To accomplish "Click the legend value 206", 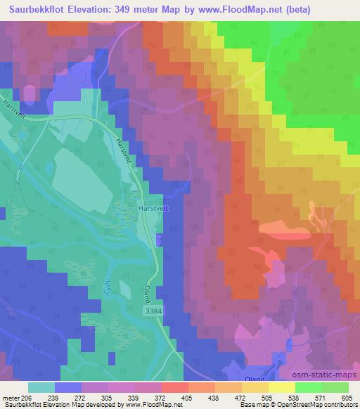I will point(25,398).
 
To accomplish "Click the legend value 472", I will point(240,398).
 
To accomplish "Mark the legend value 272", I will point(79,398).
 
